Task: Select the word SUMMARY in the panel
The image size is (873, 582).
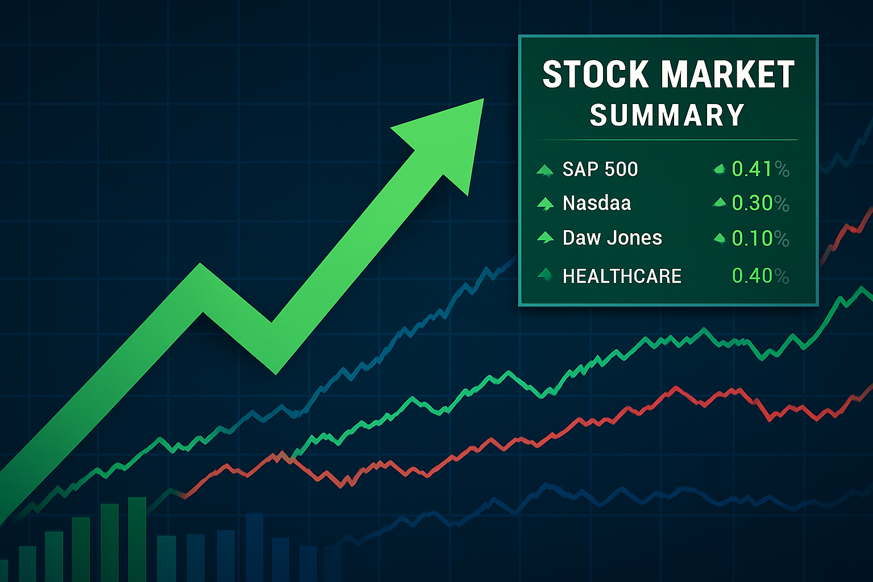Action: point(667,115)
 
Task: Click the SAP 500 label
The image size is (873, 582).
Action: point(600,169)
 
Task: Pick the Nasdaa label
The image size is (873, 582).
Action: point(597,203)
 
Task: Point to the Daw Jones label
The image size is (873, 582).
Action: point(612,238)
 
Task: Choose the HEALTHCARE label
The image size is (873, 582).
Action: point(622,276)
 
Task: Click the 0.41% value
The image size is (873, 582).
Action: point(760,169)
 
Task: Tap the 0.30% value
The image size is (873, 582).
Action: point(760,203)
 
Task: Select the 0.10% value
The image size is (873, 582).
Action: point(760,238)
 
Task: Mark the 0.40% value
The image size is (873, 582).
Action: point(760,276)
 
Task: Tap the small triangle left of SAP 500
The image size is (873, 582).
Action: point(545,171)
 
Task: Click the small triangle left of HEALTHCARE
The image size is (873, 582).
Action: point(545,275)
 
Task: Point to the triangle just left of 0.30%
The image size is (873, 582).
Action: point(720,202)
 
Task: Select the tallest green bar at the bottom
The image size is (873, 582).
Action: point(137,539)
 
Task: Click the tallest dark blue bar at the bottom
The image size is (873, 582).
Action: point(255,547)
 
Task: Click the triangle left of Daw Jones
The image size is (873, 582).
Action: point(545,237)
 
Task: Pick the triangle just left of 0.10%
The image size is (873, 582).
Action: point(720,238)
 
